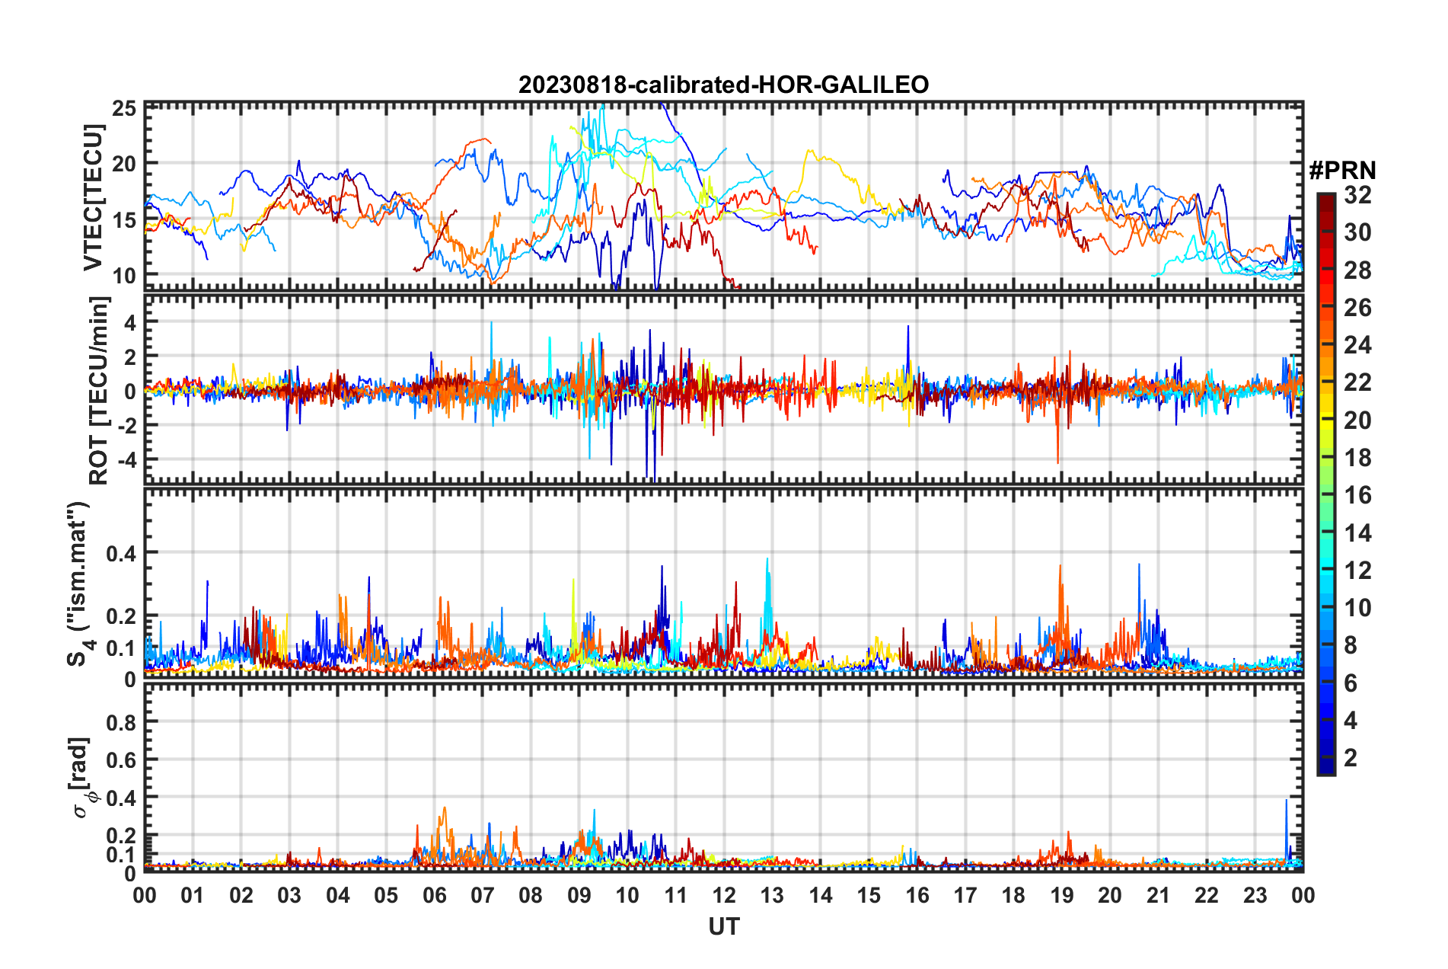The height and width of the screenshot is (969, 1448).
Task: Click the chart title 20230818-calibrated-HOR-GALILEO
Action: click(x=723, y=85)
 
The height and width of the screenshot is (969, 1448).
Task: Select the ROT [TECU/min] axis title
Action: click(x=99, y=390)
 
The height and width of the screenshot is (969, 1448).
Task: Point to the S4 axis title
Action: click(x=79, y=584)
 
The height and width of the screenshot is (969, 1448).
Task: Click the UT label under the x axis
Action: click(x=723, y=926)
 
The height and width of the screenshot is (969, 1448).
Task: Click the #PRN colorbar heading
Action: click(x=1342, y=171)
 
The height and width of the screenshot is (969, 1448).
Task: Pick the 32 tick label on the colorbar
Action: click(x=1357, y=195)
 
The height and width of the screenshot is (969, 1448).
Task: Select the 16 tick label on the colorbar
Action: click(x=1357, y=495)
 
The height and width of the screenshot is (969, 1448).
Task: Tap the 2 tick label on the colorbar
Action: click(x=1351, y=757)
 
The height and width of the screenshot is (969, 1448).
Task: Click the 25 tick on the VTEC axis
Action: click(x=124, y=108)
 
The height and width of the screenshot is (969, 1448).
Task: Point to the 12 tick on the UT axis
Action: click(x=724, y=895)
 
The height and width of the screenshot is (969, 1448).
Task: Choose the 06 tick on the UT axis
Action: click(x=434, y=895)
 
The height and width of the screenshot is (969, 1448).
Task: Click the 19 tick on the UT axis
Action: click(x=1061, y=895)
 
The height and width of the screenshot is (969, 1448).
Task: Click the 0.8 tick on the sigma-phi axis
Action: click(x=123, y=721)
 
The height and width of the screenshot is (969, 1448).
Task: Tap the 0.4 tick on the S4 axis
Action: click(x=123, y=553)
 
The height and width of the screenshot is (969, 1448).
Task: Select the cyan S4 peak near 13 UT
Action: click(x=767, y=560)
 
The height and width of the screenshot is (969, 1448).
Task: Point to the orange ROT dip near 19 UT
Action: click(x=1057, y=461)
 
